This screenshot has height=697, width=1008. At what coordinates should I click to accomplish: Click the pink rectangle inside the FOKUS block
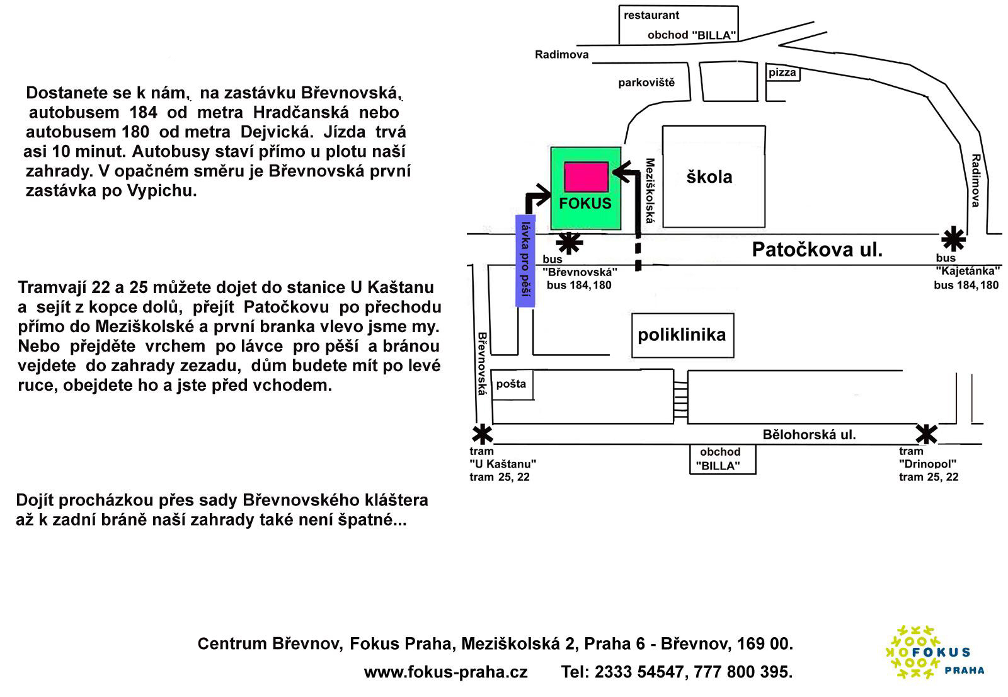tap(586, 176)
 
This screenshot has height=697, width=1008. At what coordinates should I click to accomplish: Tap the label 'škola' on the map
tap(709, 177)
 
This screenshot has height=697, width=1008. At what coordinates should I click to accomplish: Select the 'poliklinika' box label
tap(682, 335)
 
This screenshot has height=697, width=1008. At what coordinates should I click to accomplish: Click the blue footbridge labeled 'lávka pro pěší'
tap(525, 261)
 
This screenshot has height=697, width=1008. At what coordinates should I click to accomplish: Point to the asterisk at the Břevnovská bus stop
tap(570, 243)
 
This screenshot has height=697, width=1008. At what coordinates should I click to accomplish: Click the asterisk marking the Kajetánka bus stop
tap(953, 239)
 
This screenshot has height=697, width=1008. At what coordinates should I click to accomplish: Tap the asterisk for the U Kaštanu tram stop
tap(483, 435)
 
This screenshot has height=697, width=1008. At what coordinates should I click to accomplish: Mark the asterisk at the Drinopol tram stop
tap(926, 434)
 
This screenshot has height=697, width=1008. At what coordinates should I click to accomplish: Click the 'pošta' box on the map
tap(512, 384)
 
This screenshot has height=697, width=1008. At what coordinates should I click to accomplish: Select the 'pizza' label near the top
tap(782, 73)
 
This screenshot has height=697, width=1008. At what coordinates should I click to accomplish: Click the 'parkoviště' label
tap(646, 83)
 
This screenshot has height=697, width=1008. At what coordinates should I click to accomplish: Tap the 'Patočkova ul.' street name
tap(817, 250)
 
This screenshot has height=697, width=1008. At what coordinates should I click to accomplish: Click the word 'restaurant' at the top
tap(651, 15)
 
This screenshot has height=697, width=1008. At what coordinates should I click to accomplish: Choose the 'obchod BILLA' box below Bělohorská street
tap(720, 459)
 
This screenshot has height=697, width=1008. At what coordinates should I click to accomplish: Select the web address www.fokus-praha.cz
tap(445, 672)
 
